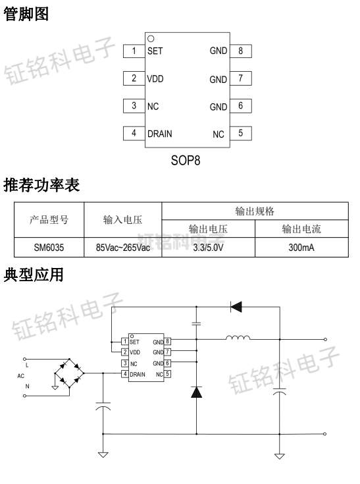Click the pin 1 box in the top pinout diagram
point(135,51)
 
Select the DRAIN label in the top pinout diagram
point(159,134)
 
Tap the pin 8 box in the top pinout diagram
point(240,51)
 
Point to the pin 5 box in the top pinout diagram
point(240,134)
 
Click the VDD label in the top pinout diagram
point(155,79)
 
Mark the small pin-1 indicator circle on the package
point(151,39)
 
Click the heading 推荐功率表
point(41,186)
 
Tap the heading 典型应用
point(34,275)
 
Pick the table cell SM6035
point(50,247)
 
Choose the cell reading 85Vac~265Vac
point(122,247)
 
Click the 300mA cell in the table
point(301,247)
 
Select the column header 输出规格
point(255,211)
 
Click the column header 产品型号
point(50,220)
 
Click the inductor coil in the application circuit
point(238,340)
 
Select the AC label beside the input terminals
point(21,375)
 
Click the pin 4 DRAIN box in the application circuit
point(124,374)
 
